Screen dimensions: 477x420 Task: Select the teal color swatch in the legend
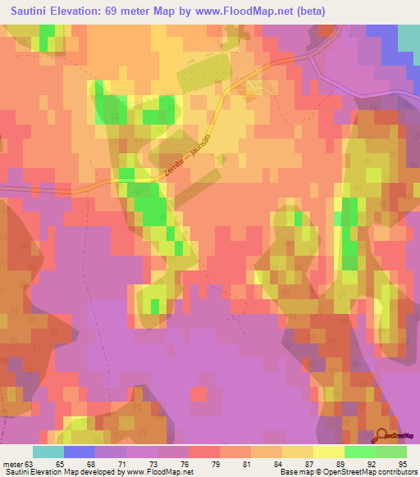point(48,452)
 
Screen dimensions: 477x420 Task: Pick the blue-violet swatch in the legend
point(80,452)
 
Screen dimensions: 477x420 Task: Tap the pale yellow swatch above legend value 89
point(329,452)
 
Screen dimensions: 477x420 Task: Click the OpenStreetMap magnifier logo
point(383,437)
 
